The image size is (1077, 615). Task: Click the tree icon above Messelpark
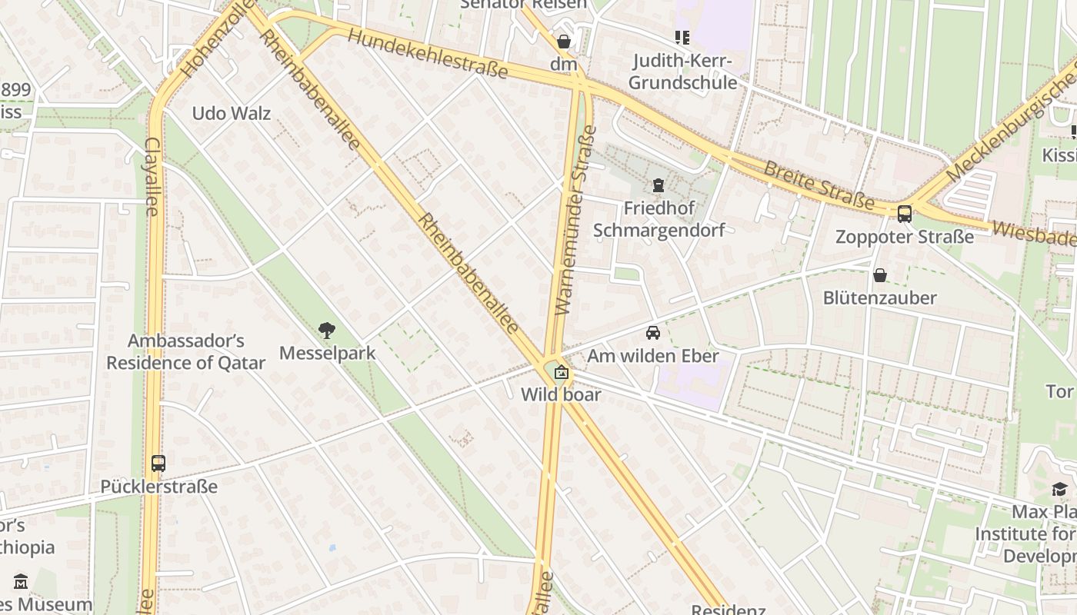tap(327, 331)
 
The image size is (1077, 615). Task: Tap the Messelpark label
tap(327, 353)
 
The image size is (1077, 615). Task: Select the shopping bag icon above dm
tap(564, 42)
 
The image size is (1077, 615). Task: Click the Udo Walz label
tap(231, 114)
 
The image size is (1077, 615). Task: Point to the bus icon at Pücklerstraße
tap(158, 464)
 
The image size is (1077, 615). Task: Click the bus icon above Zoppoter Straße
tap(905, 214)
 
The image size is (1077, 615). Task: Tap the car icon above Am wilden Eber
tap(652, 333)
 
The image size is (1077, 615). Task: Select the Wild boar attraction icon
tap(562, 373)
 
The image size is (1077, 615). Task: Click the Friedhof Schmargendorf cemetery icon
tap(658, 185)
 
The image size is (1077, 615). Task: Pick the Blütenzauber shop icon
tap(879, 275)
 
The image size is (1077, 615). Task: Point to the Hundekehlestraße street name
tap(427, 53)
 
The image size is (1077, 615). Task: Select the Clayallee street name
tap(152, 177)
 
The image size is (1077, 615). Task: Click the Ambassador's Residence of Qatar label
tap(185, 351)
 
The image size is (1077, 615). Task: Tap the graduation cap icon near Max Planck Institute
tap(1059, 489)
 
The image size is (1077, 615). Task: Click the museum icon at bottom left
tap(21, 581)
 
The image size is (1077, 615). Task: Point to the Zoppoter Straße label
tap(905, 237)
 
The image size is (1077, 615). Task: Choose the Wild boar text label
tap(561, 394)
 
